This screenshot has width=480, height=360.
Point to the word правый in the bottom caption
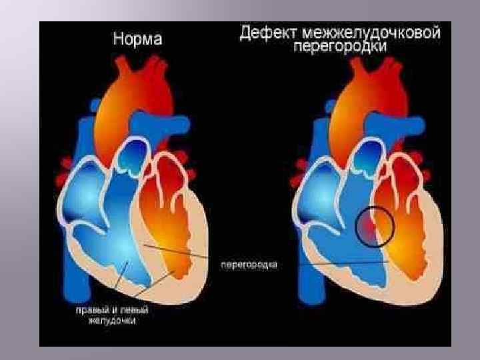click(91, 310)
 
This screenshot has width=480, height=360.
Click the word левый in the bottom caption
click(133, 310)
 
